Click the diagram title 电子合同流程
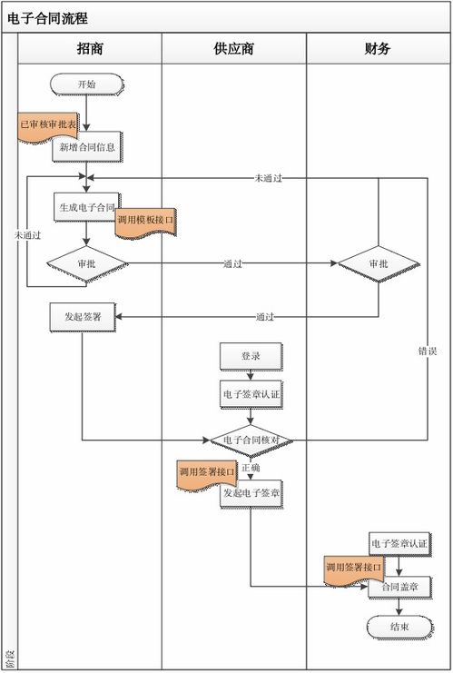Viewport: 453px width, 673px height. click(x=54, y=17)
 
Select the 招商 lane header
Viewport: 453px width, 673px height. click(x=90, y=49)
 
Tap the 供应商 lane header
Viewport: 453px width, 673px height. click(x=233, y=49)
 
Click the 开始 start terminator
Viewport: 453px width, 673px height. click(x=86, y=84)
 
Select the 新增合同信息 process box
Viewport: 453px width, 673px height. click(x=87, y=146)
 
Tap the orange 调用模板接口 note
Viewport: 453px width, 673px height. click(x=144, y=221)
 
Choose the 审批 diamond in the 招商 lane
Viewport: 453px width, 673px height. click(x=87, y=263)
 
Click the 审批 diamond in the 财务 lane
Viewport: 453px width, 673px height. click(x=379, y=263)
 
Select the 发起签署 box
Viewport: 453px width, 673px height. click(x=83, y=317)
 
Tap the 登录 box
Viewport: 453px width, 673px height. click(x=251, y=357)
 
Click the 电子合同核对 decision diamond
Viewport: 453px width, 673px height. click(x=251, y=440)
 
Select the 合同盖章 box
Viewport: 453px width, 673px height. click(x=399, y=588)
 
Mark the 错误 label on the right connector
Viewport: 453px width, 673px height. click(x=428, y=350)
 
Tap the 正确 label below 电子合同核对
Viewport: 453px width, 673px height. click(x=251, y=468)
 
